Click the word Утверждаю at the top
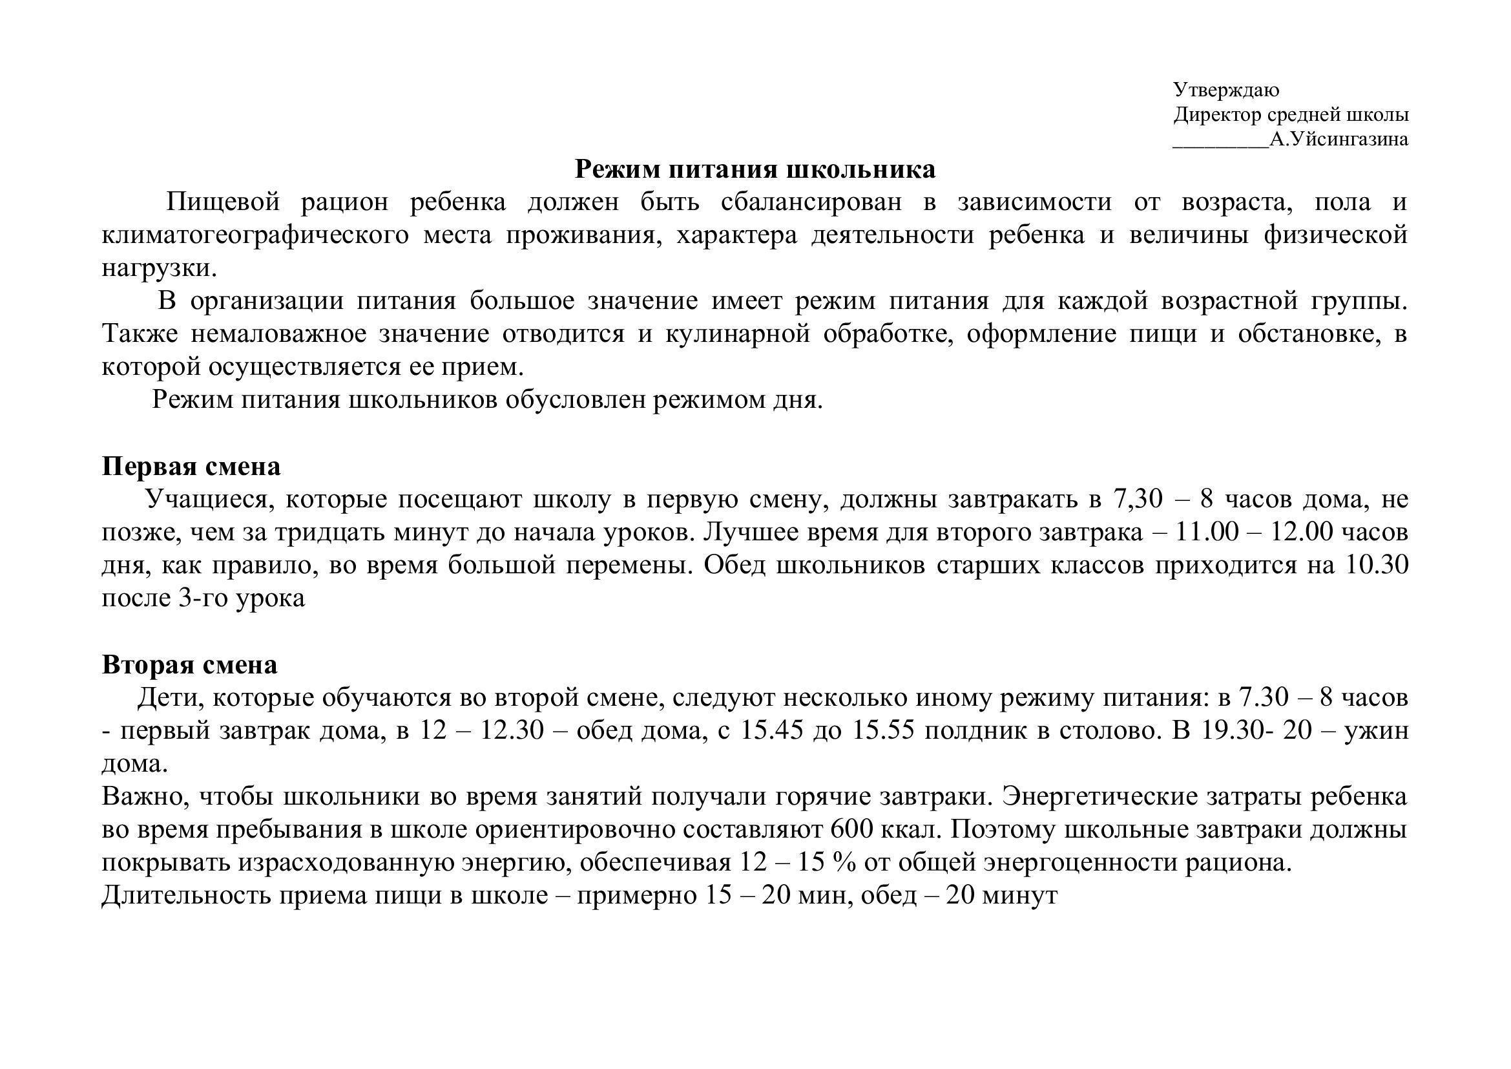pyautogui.click(x=1225, y=90)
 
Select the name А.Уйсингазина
pyautogui.click(x=1339, y=140)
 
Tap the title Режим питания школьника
pyautogui.click(x=755, y=169)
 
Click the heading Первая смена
pyautogui.click(x=191, y=466)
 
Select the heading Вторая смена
pyautogui.click(x=189, y=665)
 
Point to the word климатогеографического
pyautogui.click(x=255, y=235)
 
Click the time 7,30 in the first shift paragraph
pyautogui.click(x=1137, y=499)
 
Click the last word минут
pyautogui.click(x=1019, y=896)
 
